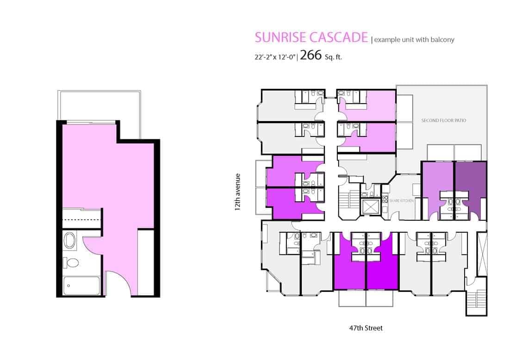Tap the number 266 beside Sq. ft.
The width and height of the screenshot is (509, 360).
310,55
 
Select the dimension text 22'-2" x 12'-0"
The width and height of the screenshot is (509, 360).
275,57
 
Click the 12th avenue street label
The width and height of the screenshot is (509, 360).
238,192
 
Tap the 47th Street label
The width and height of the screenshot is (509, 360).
366,328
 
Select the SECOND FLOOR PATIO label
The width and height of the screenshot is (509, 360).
443,120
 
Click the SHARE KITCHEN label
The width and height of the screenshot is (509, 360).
402,201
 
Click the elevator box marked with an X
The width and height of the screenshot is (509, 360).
370,207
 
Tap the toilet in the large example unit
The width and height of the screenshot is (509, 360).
71,263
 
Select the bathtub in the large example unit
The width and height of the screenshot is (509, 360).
81,286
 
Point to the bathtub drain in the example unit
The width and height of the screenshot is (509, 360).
68,286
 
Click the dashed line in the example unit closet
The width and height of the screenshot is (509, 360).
81,219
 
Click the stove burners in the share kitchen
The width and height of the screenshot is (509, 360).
385,198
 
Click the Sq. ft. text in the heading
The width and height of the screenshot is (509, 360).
333,57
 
